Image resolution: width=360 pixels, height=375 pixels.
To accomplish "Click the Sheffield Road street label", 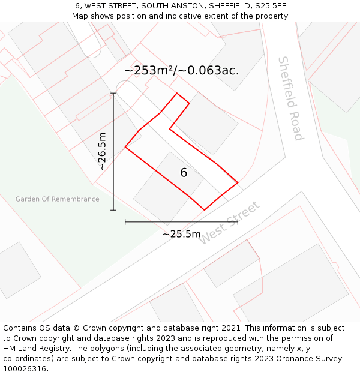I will click(x=290, y=99).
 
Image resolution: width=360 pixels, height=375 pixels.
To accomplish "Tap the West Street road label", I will click(x=229, y=223).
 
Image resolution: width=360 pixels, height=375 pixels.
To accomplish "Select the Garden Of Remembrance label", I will click(x=58, y=199).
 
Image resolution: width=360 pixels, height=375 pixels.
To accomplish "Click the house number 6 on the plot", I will click(x=184, y=173).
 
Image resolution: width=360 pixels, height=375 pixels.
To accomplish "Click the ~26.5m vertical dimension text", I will click(x=102, y=151).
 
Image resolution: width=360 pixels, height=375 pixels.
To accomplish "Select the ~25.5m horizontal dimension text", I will click(x=181, y=234).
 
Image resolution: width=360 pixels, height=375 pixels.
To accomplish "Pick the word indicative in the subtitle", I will click(x=164, y=16).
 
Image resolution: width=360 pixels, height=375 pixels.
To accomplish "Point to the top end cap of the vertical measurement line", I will click(x=113, y=93).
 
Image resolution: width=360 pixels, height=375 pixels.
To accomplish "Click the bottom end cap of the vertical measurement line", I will click(x=113, y=210).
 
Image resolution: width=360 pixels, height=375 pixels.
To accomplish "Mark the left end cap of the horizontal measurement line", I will click(x=125, y=222).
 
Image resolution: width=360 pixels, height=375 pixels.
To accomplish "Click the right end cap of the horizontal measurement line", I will click(x=238, y=222).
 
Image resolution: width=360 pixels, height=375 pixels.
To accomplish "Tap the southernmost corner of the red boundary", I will click(x=205, y=210).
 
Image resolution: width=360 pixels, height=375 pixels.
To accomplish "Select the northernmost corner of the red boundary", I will click(x=176, y=93).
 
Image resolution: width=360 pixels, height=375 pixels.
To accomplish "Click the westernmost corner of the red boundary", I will click(x=125, y=147).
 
